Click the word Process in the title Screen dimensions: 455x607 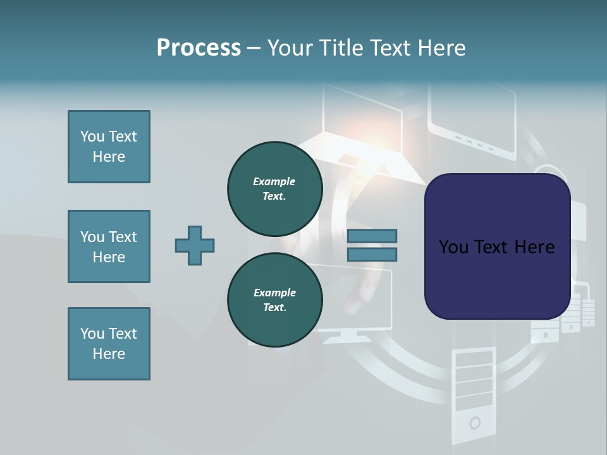tap(199, 48)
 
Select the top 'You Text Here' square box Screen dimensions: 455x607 tap(109, 147)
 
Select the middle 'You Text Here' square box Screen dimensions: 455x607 tap(109, 246)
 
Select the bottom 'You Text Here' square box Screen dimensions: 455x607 tap(109, 344)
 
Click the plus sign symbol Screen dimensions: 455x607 tap(195, 245)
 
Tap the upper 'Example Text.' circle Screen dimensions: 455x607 tap(275, 188)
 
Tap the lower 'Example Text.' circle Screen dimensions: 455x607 tap(275, 300)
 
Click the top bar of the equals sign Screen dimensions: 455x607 tap(372, 236)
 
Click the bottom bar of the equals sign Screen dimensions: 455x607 tap(372, 254)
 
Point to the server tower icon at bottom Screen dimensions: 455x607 tap(474, 392)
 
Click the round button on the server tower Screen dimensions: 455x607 tap(474, 422)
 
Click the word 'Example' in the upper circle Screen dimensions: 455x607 tap(274, 182)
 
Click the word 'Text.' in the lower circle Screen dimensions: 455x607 tap(274, 308)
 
